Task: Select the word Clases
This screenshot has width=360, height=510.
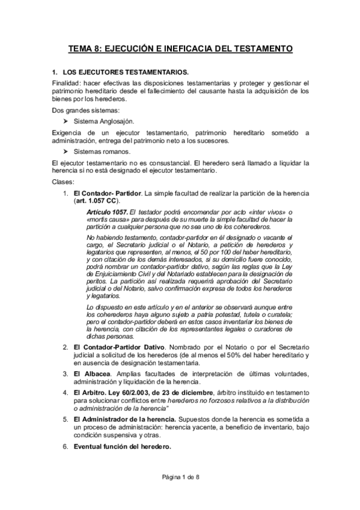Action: pos(62,182)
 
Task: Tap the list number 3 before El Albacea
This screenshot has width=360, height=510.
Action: pos(65,374)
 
